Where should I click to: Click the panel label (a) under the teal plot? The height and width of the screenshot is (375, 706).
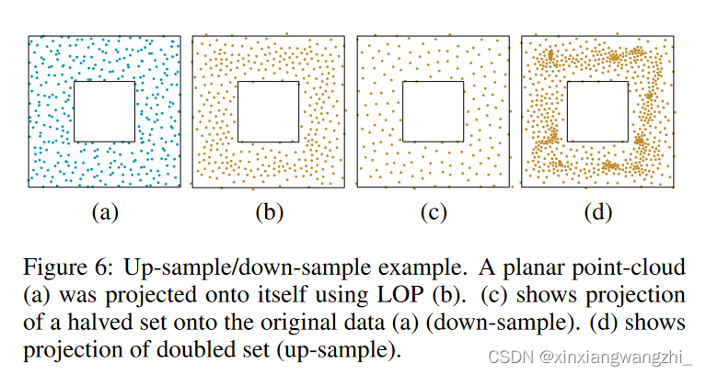104,213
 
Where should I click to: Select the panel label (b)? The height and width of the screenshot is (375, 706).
269,213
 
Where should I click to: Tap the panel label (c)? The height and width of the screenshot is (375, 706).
433,213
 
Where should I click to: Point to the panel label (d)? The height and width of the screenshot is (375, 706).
598,213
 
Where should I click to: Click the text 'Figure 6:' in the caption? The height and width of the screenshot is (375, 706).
61,267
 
